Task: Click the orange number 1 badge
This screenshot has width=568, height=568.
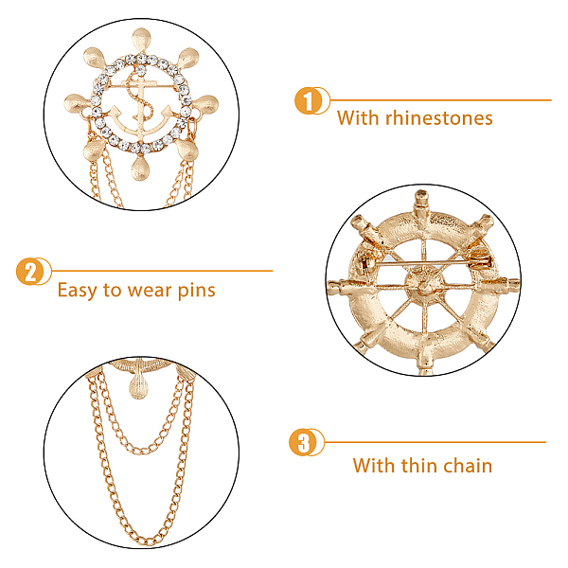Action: tap(308, 100)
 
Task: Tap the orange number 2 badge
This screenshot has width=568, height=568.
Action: tap(29, 272)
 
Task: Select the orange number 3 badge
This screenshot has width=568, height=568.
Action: tap(303, 442)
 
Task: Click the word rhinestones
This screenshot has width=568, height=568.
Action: tap(438, 118)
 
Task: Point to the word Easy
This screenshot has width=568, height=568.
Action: tap(78, 291)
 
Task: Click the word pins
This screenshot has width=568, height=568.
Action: tap(197, 291)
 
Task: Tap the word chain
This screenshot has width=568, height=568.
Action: tap(468, 465)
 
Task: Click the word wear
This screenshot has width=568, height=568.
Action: tap(150, 292)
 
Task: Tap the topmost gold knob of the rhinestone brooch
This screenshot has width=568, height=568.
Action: tap(141, 39)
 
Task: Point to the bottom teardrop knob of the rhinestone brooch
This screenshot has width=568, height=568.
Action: tap(139, 168)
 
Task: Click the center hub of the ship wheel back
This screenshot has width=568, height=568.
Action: tap(424, 285)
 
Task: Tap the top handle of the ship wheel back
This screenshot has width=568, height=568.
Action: tap(421, 204)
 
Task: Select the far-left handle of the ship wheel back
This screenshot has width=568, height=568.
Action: tap(340, 286)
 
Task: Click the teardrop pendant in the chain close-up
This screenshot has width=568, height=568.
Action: tap(138, 386)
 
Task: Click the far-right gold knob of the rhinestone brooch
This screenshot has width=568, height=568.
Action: tap(205, 104)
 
